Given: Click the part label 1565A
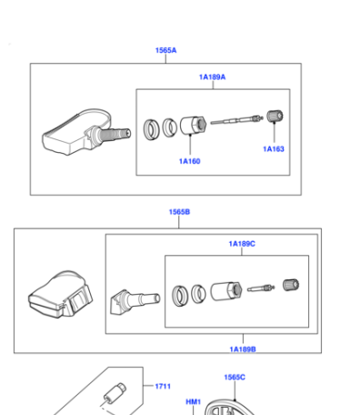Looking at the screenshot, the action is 165,50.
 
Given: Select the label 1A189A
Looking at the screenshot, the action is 212,77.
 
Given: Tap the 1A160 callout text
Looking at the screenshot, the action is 190,161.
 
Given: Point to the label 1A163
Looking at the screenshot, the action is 274,149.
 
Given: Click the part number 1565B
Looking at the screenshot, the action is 179,212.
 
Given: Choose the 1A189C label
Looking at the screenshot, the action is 242,244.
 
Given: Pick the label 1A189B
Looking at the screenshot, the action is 243,349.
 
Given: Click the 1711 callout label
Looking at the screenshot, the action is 163,386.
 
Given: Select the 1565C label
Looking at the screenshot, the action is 235,377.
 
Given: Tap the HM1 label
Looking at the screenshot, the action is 194,402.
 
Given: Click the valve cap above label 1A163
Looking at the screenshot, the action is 275,116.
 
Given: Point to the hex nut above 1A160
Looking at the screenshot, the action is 194,125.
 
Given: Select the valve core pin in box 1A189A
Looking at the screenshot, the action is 236,120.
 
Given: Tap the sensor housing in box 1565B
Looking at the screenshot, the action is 61,295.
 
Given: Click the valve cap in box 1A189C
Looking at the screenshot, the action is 291,285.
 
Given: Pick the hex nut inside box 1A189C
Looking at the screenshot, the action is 226,291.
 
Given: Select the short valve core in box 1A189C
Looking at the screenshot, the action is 261,288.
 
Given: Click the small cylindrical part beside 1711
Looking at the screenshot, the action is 115,392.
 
